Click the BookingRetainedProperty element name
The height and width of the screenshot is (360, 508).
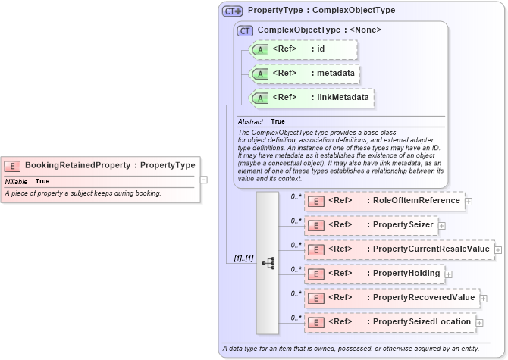[x=77, y=165]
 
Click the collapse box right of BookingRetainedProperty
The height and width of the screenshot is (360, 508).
[x=203, y=180]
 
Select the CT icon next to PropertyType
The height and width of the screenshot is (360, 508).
[x=232, y=11]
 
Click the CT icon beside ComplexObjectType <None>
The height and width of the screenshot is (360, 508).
[x=245, y=30]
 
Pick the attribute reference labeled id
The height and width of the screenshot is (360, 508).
[x=303, y=49]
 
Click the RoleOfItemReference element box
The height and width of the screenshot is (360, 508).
[x=384, y=201]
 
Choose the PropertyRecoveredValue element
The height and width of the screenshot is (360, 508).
[x=391, y=298]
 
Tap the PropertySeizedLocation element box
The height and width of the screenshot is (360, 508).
[x=390, y=322]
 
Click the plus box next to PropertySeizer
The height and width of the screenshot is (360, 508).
[x=442, y=226]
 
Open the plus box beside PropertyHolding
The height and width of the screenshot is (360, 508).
[x=449, y=274]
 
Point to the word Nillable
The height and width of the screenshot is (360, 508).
[x=17, y=182]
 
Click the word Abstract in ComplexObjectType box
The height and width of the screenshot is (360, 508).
[x=250, y=121]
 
